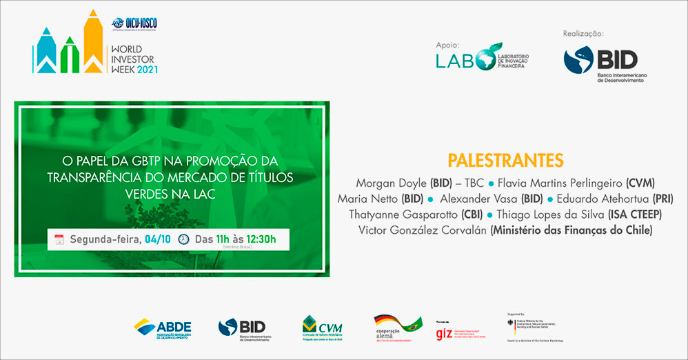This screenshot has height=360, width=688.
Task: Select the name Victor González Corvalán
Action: (423, 230)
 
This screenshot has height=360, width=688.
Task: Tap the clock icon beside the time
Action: (183, 239)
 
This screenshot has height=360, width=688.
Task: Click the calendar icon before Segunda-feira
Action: (59, 239)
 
